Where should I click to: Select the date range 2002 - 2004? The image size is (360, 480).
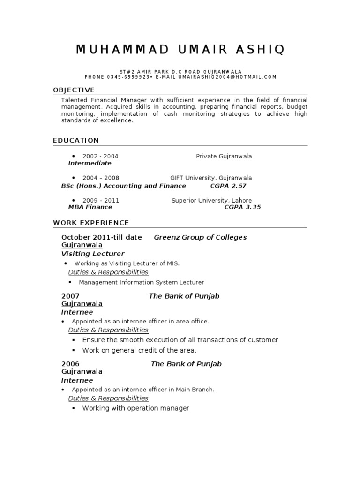point(100,156)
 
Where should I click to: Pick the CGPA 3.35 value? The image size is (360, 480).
point(242,207)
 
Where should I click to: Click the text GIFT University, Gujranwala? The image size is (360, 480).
point(211,178)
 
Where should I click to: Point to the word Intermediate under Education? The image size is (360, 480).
point(90,163)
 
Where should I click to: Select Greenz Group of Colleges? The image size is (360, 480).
point(200,237)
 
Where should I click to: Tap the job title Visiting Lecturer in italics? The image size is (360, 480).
point(93,254)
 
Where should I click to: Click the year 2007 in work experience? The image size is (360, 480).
point(70,296)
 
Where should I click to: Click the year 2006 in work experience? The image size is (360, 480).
point(70,364)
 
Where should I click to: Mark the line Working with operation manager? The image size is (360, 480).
point(135,408)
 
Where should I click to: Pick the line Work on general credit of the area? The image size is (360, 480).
point(139,350)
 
